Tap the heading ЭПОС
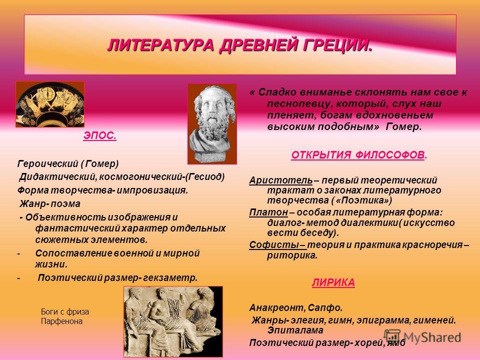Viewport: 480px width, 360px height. point(100,135)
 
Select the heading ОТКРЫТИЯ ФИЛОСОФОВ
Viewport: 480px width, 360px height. point(359,155)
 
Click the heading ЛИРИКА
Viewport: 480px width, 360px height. point(333,282)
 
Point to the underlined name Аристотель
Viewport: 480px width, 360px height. point(281,180)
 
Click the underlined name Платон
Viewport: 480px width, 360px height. point(268,212)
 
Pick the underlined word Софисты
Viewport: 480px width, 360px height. point(274,245)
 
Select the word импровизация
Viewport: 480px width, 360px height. point(152,190)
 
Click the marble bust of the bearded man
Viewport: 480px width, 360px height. point(212,124)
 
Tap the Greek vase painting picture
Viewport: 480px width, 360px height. point(50,104)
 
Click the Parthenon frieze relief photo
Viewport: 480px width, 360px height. point(173,321)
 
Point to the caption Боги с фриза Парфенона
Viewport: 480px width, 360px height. point(65,316)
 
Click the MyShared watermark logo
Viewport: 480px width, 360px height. point(423,337)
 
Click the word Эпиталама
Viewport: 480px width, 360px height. point(295,330)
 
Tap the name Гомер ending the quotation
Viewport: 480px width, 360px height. point(403,126)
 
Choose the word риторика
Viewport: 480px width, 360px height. point(292,255)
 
